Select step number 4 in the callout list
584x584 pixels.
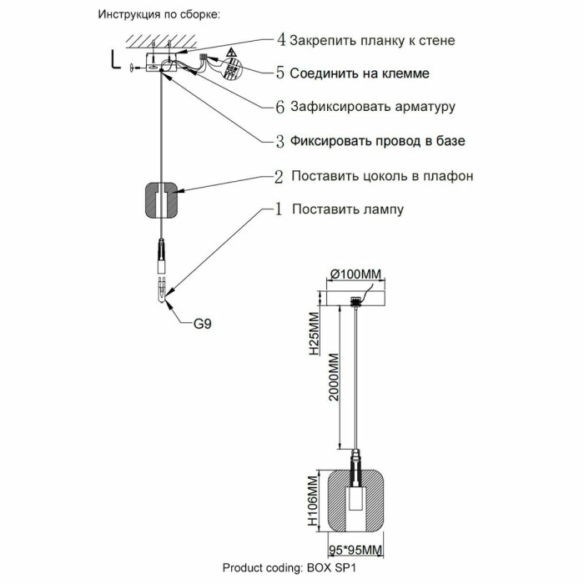coord(281,40)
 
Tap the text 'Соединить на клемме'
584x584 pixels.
coord(360,73)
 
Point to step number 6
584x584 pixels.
coord(281,108)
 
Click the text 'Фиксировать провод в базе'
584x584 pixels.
coord(377,141)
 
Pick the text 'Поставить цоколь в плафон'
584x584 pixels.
coord(382,176)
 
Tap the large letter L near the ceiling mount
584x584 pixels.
coord(114,62)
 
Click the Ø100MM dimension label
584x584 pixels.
coord(357,274)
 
